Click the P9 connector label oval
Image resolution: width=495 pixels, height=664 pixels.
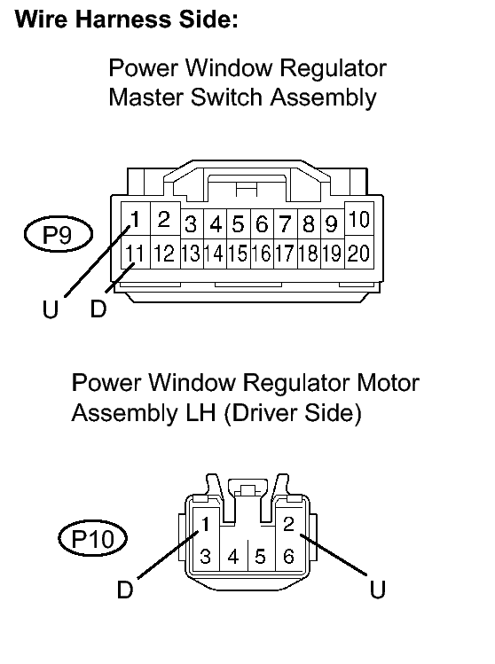tap(58, 234)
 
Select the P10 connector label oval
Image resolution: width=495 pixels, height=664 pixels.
tap(93, 539)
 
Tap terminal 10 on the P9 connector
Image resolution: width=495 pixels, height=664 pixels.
tap(359, 219)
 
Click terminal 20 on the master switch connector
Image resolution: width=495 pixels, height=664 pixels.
tap(359, 253)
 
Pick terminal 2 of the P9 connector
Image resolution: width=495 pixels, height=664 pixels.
tap(164, 219)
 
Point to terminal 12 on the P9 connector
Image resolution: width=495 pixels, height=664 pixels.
tap(164, 253)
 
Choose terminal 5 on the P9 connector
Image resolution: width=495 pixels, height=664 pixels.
tap(238, 223)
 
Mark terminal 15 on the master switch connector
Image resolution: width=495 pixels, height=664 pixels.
tap(238, 254)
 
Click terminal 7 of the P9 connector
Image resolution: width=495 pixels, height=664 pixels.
tap(286, 223)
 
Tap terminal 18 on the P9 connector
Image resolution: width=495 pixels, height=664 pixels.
tap(309, 254)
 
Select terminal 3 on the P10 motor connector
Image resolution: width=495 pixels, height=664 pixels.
tap(206, 556)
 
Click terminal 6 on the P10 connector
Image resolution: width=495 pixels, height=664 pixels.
tap(288, 556)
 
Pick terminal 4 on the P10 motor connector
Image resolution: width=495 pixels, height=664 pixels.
tap(233, 556)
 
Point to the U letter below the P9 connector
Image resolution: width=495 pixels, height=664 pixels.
tap(51, 309)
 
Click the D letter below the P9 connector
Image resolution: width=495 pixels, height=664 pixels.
tap(98, 309)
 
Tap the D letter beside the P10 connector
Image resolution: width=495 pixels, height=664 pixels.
tap(125, 590)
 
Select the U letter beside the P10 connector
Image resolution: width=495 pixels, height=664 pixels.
tap(378, 590)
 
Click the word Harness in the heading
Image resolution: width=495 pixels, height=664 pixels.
tap(123, 19)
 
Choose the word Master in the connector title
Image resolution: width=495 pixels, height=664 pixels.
tap(145, 98)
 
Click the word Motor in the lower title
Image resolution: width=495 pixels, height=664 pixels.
tap(388, 382)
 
